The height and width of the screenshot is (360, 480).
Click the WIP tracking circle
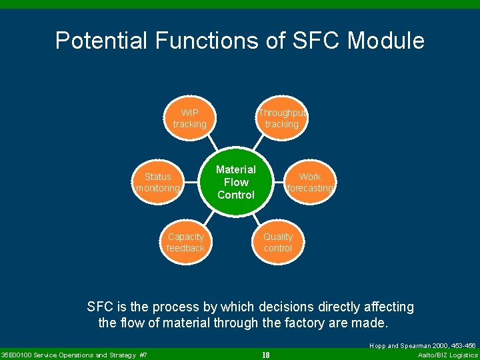[x=189, y=118]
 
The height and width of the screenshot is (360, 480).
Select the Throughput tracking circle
[x=281, y=118]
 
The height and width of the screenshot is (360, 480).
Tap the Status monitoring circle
[x=158, y=182]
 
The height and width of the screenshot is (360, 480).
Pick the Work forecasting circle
[x=310, y=182]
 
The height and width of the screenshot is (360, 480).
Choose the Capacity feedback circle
[x=185, y=242]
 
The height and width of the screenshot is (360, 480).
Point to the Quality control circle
[x=278, y=242]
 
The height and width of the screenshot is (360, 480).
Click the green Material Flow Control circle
[x=236, y=182]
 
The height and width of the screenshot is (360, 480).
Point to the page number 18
[x=265, y=355]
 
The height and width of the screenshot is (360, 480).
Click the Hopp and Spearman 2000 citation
[x=422, y=346]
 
